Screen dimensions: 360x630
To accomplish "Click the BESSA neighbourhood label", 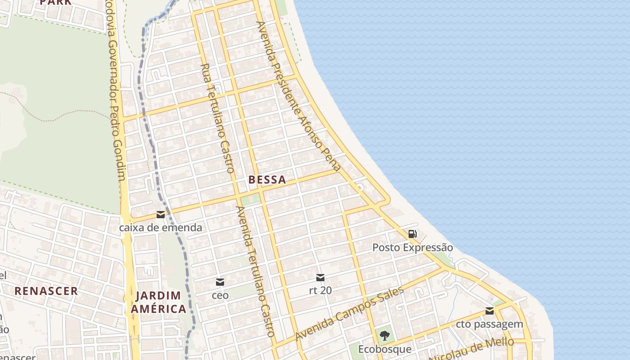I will (x=267, y=180).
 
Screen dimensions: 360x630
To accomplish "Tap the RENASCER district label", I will (x=46, y=291).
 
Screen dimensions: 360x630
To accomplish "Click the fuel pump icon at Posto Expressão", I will (x=412, y=234).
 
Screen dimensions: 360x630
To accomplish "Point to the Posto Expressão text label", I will (x=412, y=247).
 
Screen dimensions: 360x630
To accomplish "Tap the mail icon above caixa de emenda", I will (x=161, y=215).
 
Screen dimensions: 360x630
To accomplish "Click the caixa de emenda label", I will (x=161, y=228).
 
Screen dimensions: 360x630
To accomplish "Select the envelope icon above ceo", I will (x=220, y=282).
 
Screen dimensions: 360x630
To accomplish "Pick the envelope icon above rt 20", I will (x=320, y=277).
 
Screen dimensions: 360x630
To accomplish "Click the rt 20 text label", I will (x=320, y=290).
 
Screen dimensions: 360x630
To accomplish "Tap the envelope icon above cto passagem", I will (x=490, y=311).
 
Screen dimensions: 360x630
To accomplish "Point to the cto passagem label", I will (x=490, y=324).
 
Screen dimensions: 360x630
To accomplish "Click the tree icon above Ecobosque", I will (x=385, y=335).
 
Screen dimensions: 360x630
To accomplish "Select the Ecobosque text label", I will (x=385, y=349).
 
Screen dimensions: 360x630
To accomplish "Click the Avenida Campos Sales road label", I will (x=349, y=314).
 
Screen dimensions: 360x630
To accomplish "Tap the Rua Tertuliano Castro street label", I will (x=218, y=118).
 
